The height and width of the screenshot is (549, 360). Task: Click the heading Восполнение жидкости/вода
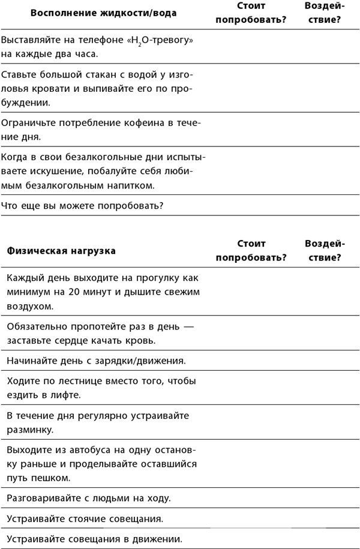103,13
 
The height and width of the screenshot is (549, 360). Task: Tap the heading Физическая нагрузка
62,251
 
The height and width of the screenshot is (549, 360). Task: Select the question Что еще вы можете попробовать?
83,206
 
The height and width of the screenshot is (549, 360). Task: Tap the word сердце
74,340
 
